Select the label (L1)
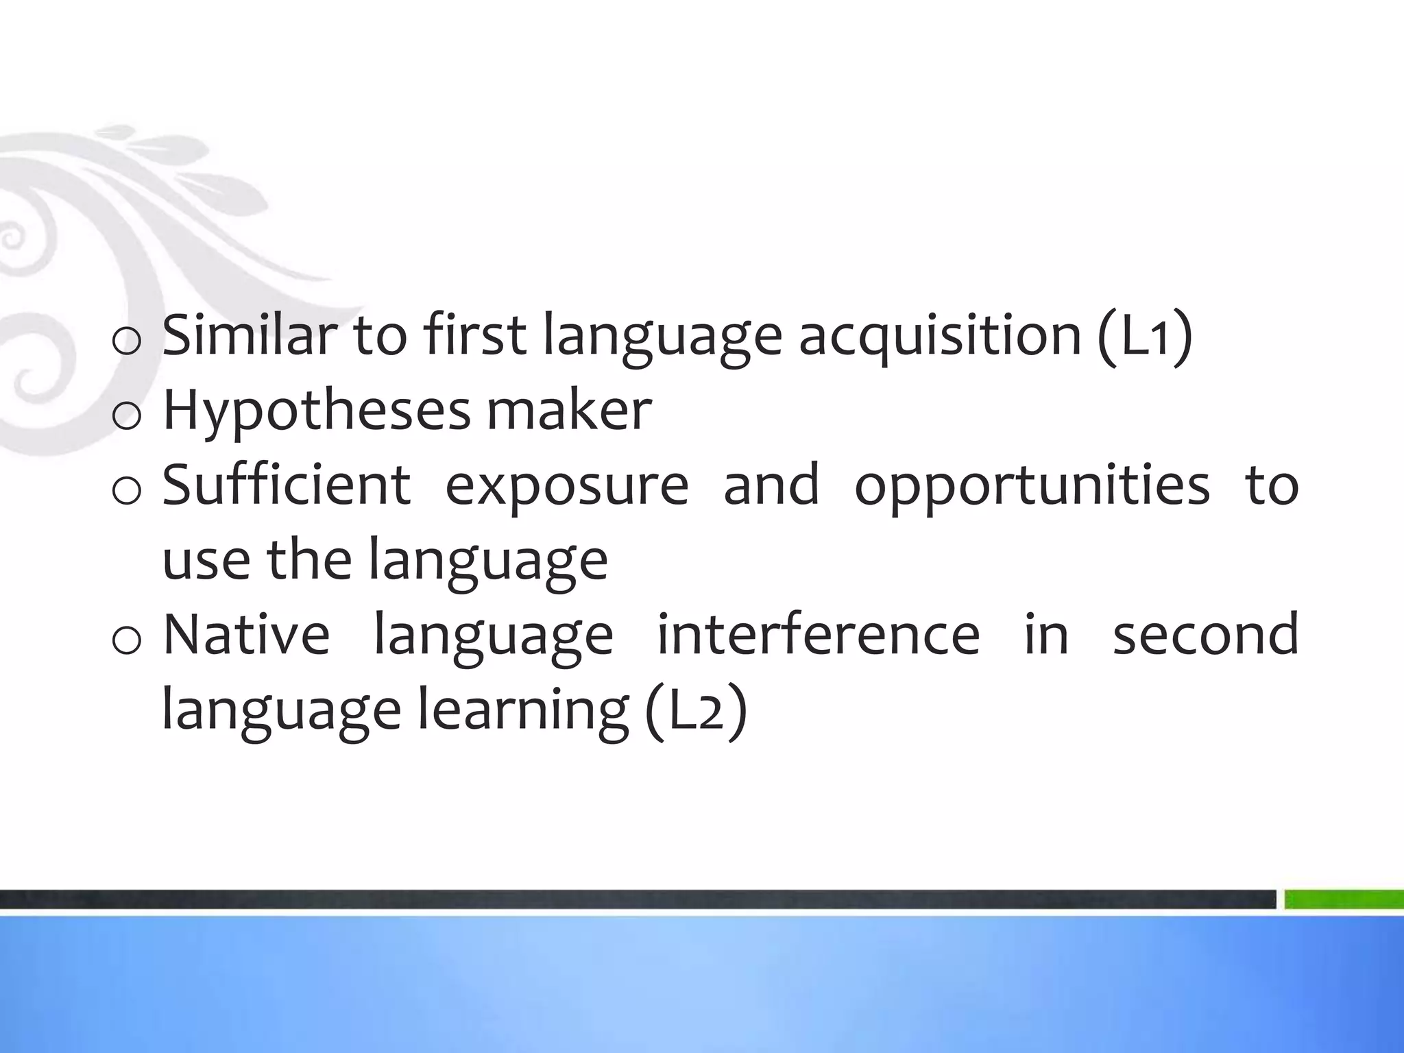tap(1144, 336)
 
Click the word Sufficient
tap(287, 485)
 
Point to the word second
tap(1205, 634)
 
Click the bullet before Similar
tap(126, 341)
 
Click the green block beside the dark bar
tap(1344, 899)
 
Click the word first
tap(474, 335)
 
